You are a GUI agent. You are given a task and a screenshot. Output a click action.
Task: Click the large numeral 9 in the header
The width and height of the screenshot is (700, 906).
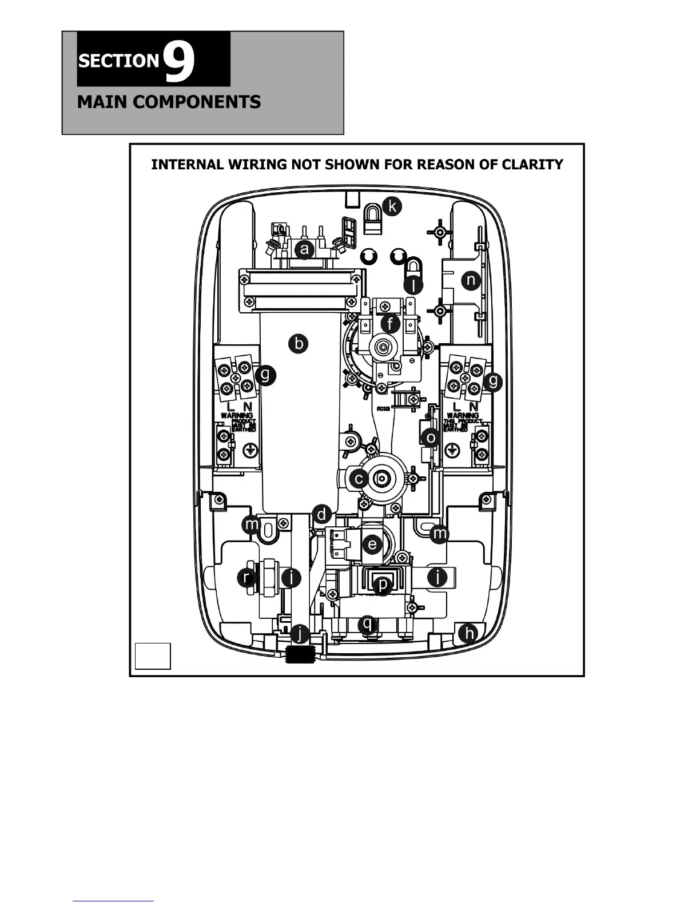[x=179, y=62]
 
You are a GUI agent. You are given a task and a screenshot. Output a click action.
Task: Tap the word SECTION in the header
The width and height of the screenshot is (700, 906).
[x=118, y=61]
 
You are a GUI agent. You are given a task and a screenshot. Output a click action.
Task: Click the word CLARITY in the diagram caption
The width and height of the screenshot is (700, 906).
[x=532, y=165]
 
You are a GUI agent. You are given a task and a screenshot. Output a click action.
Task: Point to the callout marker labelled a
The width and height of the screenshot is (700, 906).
[x=304, y=249]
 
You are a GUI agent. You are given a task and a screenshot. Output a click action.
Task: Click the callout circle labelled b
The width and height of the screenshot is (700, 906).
[x=298, y=344]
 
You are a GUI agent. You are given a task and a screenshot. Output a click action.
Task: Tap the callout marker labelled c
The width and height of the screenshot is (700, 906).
[x=359, y=478]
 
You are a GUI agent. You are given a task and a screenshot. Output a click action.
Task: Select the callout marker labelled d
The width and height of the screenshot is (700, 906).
[x=322, y=514]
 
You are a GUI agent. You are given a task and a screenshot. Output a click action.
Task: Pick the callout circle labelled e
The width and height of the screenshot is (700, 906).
[x=372, y=544]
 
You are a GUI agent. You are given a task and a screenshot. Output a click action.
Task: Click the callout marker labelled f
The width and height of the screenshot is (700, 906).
[x=390, y=324]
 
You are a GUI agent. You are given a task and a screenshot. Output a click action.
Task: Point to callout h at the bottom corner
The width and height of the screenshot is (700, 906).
[x=469, y=633]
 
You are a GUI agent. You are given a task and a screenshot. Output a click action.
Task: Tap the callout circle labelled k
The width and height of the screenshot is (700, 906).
[x=392, y=206]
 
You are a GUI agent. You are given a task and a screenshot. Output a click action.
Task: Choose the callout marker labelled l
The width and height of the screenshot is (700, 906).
[x=413, y=284]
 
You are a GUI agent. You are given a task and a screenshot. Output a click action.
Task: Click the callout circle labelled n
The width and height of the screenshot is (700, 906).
[x=471, y=280]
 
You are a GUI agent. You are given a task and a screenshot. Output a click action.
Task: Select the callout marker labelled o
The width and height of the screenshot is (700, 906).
[x=430, y=438]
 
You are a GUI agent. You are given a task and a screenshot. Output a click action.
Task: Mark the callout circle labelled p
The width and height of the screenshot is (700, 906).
[x=382, y=585]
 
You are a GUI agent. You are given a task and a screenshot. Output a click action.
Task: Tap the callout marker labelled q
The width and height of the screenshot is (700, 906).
[x=368, y=623]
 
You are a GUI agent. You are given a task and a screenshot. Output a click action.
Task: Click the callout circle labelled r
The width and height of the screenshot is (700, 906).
[x=246, y=577]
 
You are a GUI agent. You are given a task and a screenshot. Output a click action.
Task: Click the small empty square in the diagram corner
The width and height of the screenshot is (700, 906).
[x=153, y=655]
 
